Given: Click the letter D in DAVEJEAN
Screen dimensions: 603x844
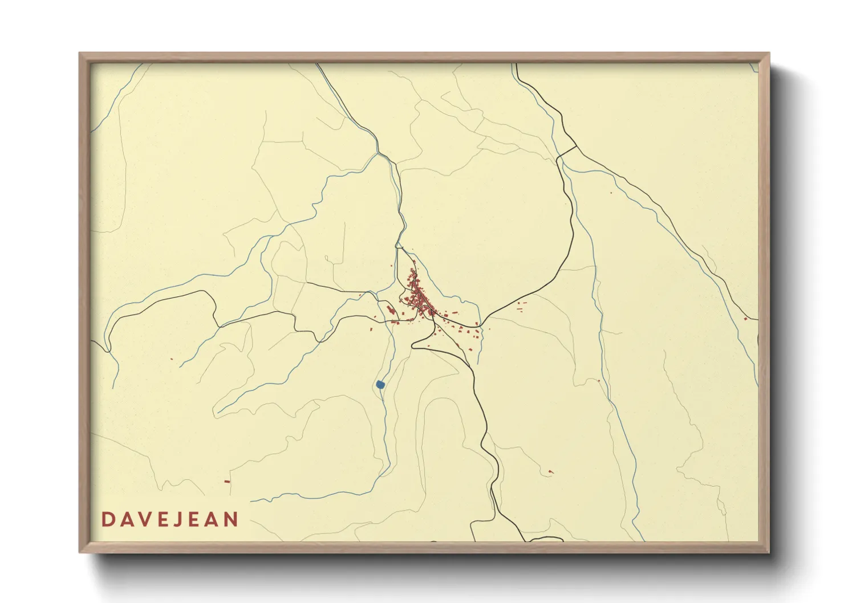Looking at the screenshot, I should click(x=107, y=519).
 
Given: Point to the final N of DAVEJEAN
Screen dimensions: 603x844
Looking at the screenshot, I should click(x=231, y=519).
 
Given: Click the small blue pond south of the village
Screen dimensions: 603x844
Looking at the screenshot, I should click(x=380, y=385).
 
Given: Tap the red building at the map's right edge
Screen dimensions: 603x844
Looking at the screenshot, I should click(x=745, y=319).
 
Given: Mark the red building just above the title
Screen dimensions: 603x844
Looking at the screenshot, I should click(x=227, y=482).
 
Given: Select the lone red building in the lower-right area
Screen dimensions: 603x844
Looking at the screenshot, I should click(x=550, y=471).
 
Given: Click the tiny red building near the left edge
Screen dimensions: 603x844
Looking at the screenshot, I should click(x=172, y=358).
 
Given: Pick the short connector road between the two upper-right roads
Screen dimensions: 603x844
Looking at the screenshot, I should click(x=567, y=151).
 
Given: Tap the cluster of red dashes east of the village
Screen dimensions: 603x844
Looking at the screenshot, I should click(x=521, y=307).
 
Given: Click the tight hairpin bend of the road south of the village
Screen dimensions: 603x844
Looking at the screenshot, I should click(x=414, y=344).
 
